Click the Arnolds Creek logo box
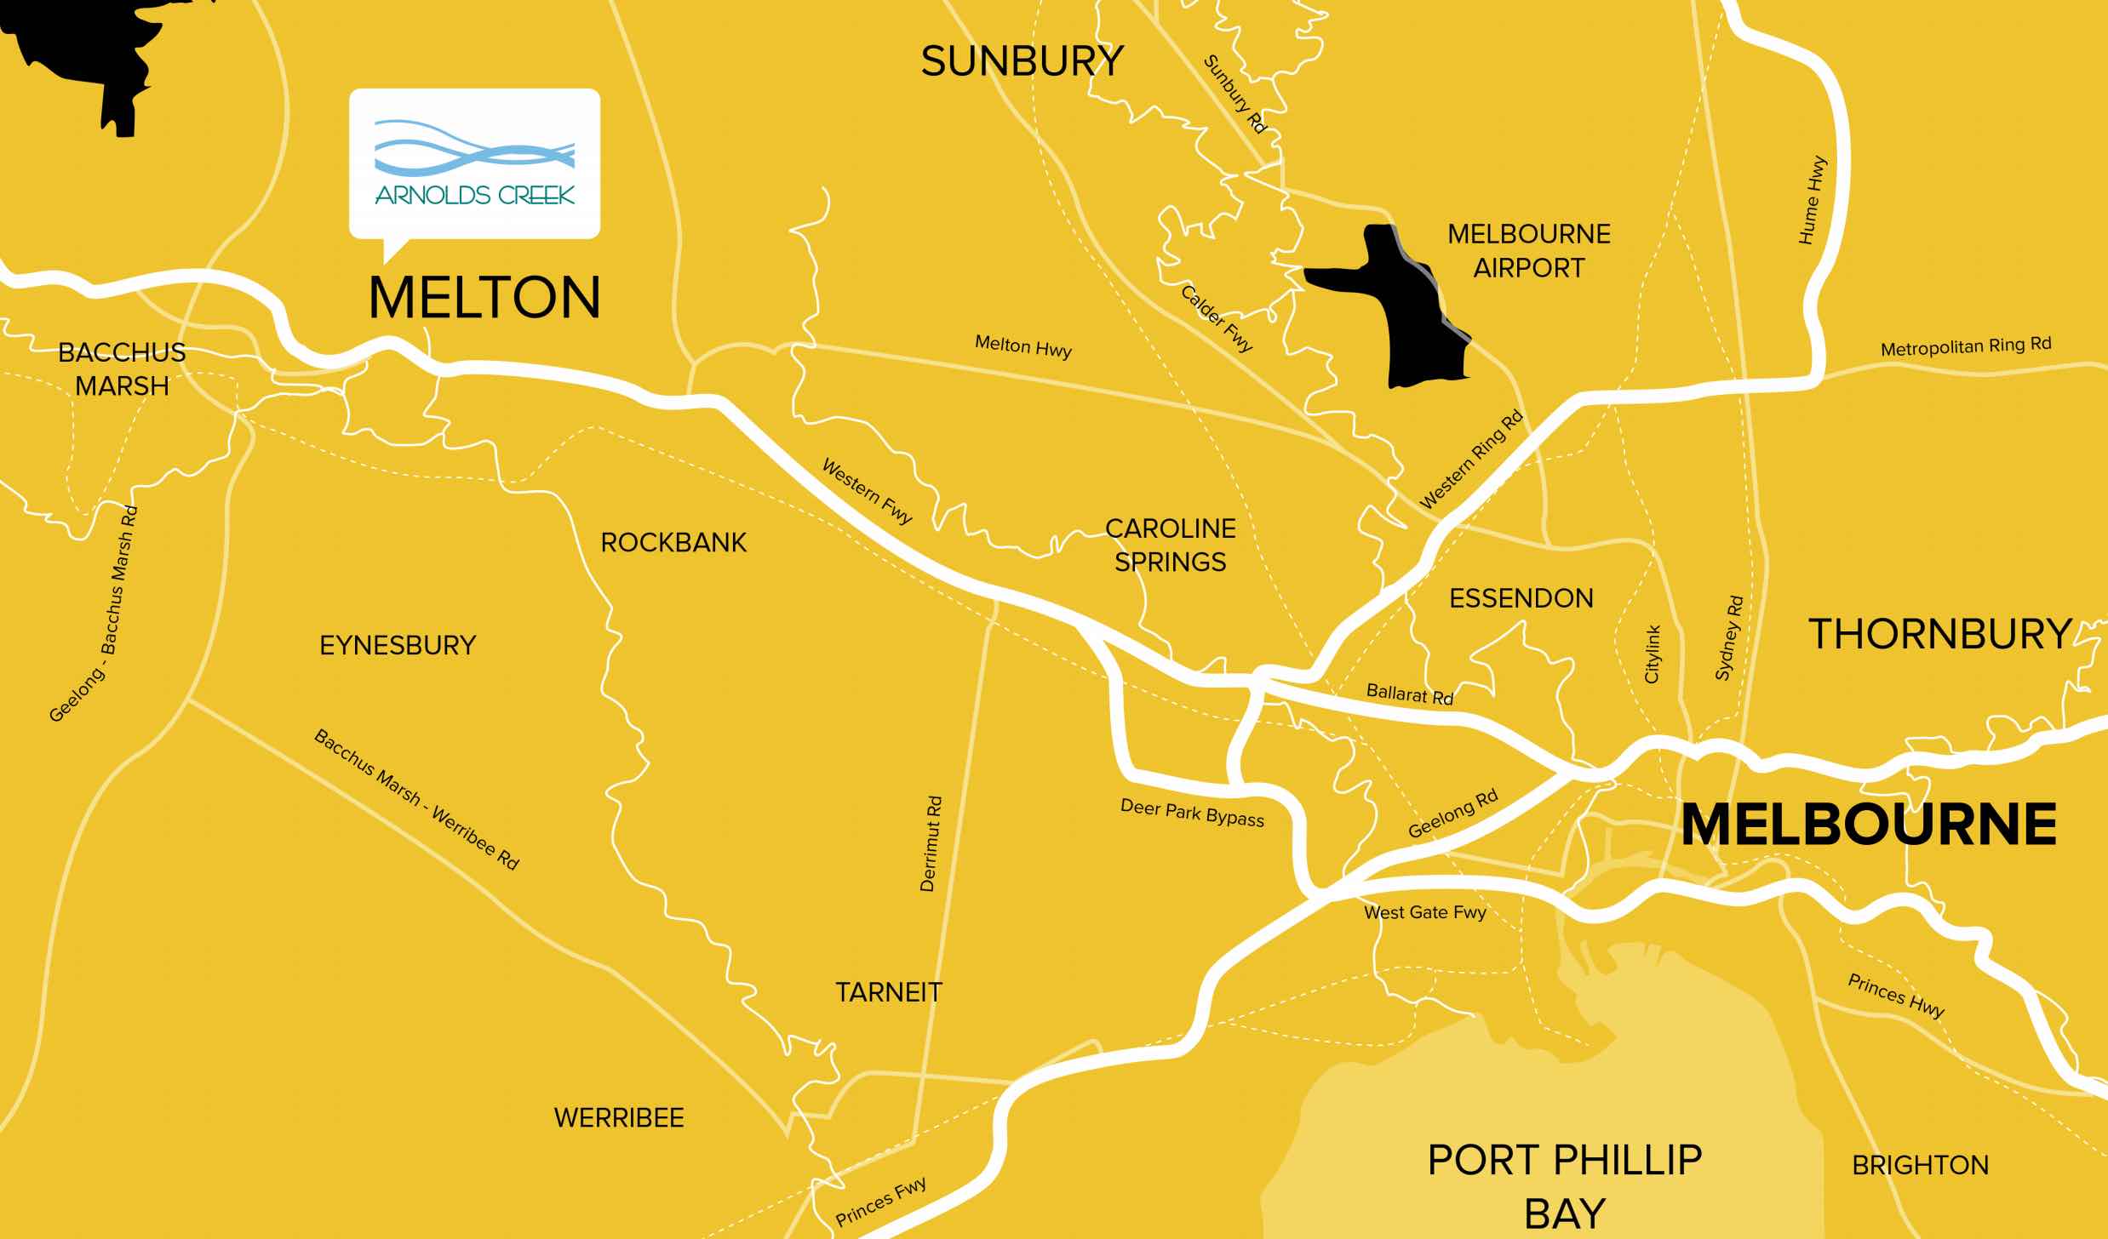pyautogui.click(x=474, y=163)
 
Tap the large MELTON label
pyautogui.click(x=484, y=298)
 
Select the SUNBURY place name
pyautogui.click(x=1022, y=61)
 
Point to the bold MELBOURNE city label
pyautogui.click(x=1869, y=825)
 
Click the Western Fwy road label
pyautogui.click(x=867, y=491)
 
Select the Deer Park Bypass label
pyautogui.click(x=1192, y=813)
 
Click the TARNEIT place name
pyautogui.click(x=888, y=992)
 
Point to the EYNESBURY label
pyautogui.click(x=398, y=645)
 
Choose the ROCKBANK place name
pyautogui.click(x=673, y=542)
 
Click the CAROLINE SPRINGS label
pyautogui.click(x=1170, y=545)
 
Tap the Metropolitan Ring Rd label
pyautogui.click(x=1965, y=347)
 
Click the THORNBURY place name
pyautogui.click(x=1939, y=634)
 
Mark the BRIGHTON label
pyautogui.click(x=1920, y=1165)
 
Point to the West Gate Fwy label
pyautogui.click(x=1424, y=912)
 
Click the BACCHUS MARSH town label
pyautogui.click(x=122, y=368)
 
